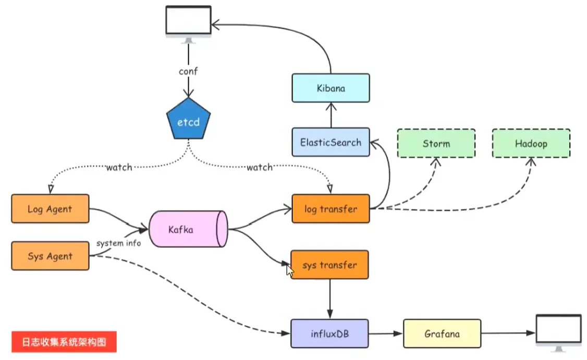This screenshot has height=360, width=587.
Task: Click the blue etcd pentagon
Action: click(188, 122)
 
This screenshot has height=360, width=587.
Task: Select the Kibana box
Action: click(331, 88)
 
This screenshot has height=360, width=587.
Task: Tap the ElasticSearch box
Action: click(331, 142)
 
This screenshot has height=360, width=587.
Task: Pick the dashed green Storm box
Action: click(436, 143)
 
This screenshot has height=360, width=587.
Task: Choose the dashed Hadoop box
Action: click(531, 143)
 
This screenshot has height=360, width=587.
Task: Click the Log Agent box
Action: click(50, 209)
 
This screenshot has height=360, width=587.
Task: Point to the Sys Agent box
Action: click(50, 256)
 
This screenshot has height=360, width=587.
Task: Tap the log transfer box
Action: click(331, 209)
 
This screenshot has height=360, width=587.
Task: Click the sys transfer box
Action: click(329, 265)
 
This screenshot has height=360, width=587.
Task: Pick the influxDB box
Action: click(329, 333)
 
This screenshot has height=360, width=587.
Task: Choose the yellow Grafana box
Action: click(442, 333)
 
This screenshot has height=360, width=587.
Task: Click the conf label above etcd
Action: click(188, 71)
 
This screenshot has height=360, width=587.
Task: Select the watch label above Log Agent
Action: click(119, 167)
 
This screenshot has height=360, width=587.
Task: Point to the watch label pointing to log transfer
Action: click(259, 167)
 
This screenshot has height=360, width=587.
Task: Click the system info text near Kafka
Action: click(118, 243)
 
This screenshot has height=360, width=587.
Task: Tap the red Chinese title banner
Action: click(64, 342)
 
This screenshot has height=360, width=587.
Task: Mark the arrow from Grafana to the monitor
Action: click(508, 333)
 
